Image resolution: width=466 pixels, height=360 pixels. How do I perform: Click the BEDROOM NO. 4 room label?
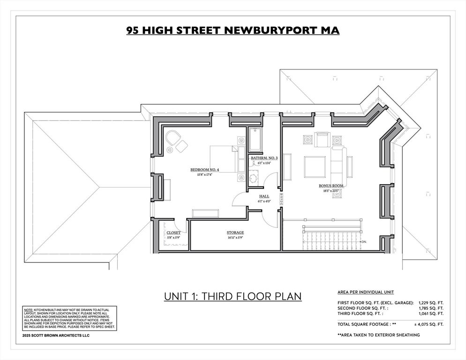coord(204,170)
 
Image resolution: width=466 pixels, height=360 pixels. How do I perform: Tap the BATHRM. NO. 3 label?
coord(264,158)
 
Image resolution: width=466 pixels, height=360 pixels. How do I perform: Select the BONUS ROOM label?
coord(331,186)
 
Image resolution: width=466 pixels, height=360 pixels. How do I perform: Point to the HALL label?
coord(264,196)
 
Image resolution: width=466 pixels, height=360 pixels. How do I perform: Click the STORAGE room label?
coord(235,232)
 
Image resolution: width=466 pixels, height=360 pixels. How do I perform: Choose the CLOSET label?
coord(173,233)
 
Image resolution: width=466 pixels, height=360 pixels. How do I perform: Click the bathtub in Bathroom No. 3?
coord(255,139)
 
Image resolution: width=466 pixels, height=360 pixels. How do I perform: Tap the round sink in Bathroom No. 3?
coord(253,178)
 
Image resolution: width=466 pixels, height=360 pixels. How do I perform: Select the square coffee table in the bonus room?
coord(315,167)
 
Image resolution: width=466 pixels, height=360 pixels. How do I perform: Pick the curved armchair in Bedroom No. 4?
coord(172,138)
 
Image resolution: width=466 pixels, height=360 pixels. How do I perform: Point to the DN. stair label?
coord(364,242)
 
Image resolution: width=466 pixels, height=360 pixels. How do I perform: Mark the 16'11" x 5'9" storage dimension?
coord(235,238)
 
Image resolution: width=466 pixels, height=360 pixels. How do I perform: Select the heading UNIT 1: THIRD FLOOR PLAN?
coord(233,296)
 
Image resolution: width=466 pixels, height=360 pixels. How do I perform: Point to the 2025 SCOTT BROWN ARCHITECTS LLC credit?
coord(56,336)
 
